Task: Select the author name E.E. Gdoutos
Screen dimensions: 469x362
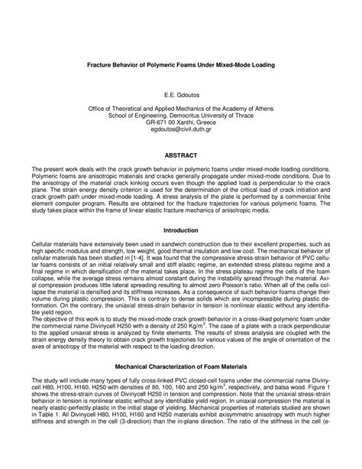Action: click(x=180, y=99)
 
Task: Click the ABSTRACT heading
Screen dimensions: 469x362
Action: click(x=180, y=154)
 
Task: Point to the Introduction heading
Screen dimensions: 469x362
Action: click(x=180, y=230)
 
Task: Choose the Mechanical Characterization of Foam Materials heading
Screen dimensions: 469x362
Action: click(x=180, y=369)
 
